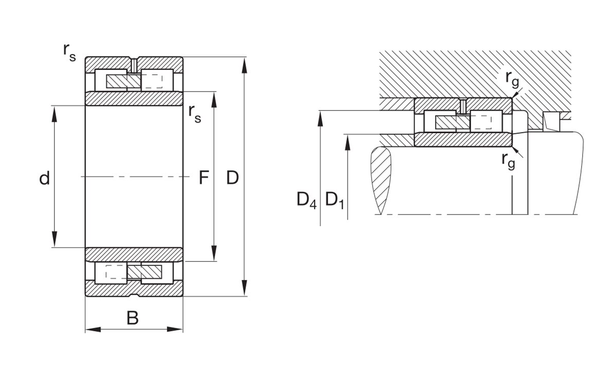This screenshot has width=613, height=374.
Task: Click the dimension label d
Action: click(x=45, y=179)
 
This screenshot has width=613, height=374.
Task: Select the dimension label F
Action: click(x=204, y=177)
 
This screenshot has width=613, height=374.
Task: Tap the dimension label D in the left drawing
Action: click(x=232, y=177)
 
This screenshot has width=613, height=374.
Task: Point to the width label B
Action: click(x=133, y=318)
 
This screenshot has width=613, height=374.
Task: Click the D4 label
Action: click(x=306, y=200)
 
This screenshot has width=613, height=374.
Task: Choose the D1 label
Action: click(x=335, y=200)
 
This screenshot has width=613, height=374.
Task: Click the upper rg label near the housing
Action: click(x=512, y=79)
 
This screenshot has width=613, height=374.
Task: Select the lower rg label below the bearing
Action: click(x=508, y=161)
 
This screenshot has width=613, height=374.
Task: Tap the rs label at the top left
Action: click(x=69, y=52)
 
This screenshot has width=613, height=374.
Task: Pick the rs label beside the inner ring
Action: click(x=195, y=114)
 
